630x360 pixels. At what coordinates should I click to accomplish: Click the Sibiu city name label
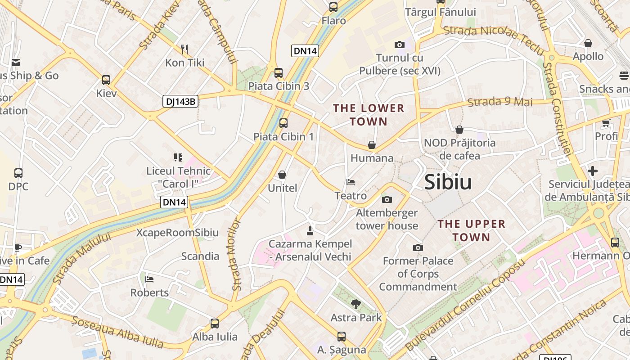[448, 182]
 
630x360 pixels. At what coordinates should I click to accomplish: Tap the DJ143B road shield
[180, 102]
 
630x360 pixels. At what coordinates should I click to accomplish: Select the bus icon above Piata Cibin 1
[283, 123]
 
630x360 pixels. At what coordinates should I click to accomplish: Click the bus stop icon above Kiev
[106, 80]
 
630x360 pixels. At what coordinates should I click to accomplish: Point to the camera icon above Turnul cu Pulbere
[399, 45]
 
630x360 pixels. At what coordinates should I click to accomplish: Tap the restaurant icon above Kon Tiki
[184, 49]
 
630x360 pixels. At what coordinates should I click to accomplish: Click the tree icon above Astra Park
[355, 304]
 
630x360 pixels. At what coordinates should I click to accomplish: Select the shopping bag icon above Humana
[372, 145]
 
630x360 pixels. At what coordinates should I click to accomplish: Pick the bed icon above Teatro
[351, 182]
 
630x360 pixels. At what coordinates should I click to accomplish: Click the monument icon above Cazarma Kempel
[310, 231]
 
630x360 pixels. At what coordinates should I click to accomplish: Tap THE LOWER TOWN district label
[369, 115]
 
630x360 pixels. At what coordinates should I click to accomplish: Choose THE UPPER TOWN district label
[471, 230]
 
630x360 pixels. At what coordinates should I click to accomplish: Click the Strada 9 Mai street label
[500, 102]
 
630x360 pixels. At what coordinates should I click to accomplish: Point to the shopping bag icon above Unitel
[282, 175]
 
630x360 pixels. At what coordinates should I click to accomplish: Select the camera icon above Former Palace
[418, 247]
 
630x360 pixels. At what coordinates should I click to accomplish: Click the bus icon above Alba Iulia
[215, 323]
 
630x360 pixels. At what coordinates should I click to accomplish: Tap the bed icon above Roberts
[150, 279]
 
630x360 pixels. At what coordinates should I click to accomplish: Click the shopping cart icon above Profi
[606, 123]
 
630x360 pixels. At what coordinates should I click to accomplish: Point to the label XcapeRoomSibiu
[177, 233]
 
